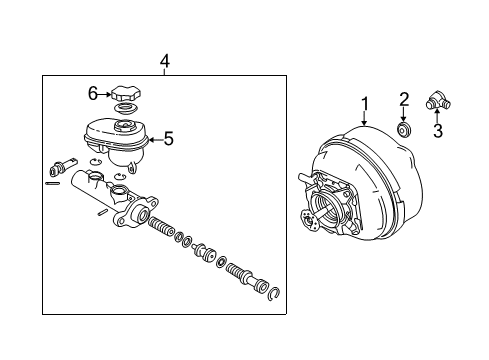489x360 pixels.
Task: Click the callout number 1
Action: coord(365,102)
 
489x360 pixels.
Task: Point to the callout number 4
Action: coord(164,61)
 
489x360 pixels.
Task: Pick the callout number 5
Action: coord(168,139)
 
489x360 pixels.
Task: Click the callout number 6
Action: coord(92,93)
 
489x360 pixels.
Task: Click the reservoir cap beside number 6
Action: coord(125,92)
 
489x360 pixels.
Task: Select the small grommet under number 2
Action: coord(404,130)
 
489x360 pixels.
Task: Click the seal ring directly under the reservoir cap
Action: coord(125,108)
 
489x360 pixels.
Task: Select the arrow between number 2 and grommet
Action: coord(404,115)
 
